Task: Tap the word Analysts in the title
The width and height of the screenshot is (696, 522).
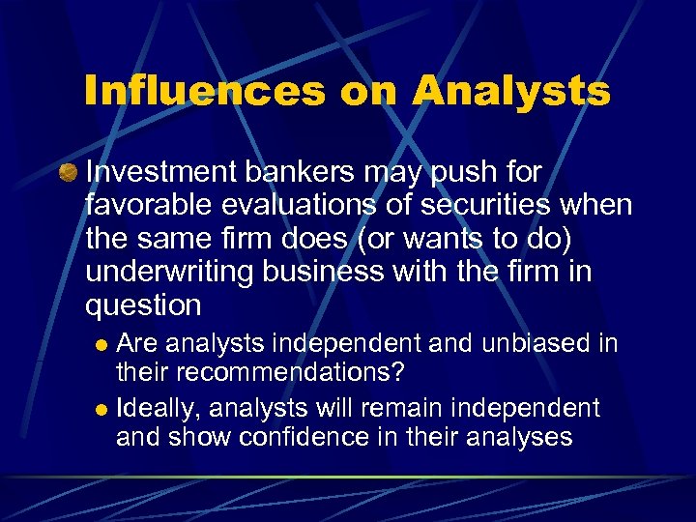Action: coord(511,92)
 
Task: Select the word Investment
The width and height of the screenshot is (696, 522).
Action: coord(160,172)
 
